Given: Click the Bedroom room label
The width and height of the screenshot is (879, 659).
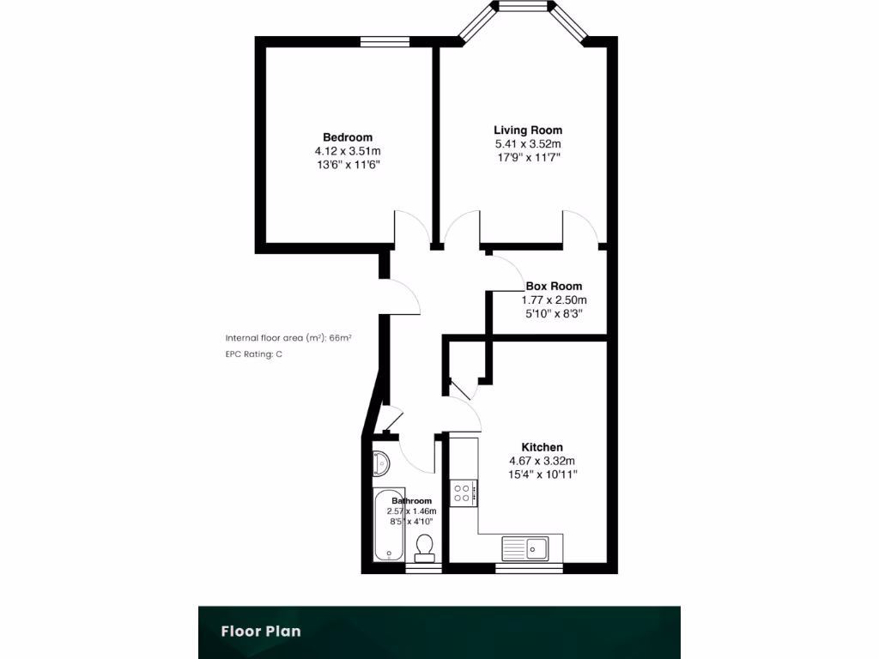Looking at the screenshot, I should click(348, 137).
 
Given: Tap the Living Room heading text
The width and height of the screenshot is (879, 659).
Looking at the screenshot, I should click(528, 130).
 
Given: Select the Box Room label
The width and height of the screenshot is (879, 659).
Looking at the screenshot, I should click(554, 286).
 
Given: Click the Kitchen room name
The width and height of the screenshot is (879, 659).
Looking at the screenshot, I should click(543, 447).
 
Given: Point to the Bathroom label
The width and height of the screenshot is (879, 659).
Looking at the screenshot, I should click(411, 500).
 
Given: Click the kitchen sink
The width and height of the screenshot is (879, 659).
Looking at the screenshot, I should click(525, 547).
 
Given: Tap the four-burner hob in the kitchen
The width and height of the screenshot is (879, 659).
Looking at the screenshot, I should click(462, 493).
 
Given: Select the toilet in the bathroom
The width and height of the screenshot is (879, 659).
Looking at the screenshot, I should click(424, 547).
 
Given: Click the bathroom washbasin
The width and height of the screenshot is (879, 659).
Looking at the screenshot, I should click(381, 464).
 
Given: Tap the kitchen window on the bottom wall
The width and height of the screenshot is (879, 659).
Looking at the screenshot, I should click(530, 568).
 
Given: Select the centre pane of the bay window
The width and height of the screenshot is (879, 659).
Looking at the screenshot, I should click(523, 8).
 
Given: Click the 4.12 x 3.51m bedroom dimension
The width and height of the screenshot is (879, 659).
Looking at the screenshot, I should click(348, 151).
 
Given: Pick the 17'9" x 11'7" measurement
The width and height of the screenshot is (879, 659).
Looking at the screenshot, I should click(528, 158).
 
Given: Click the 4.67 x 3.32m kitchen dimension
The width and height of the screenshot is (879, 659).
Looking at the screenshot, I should click(543, 461).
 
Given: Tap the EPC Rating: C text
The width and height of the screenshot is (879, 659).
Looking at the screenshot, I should click(254, 354).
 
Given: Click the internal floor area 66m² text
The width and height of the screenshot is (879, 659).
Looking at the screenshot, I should click(288, 338).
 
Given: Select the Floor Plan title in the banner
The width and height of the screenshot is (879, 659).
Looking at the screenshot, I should click(261, 632).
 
